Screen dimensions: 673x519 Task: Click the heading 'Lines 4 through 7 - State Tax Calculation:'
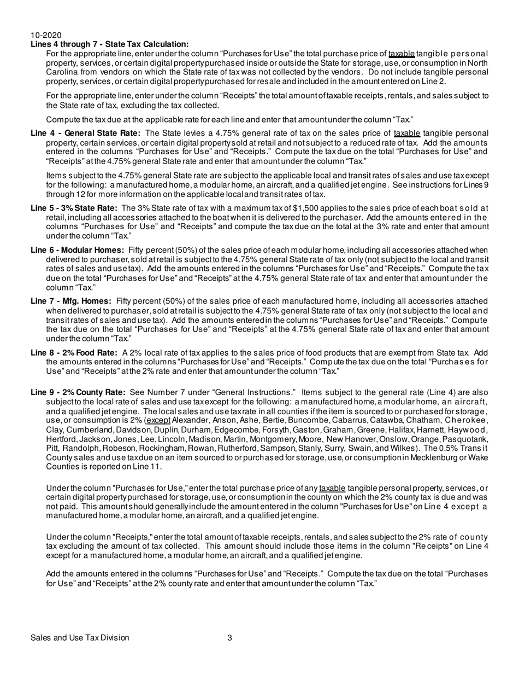(x=110, y=44)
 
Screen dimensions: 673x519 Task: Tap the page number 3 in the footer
(x=230, y=637)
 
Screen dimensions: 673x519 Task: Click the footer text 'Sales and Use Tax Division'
(x=80, y=637)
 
